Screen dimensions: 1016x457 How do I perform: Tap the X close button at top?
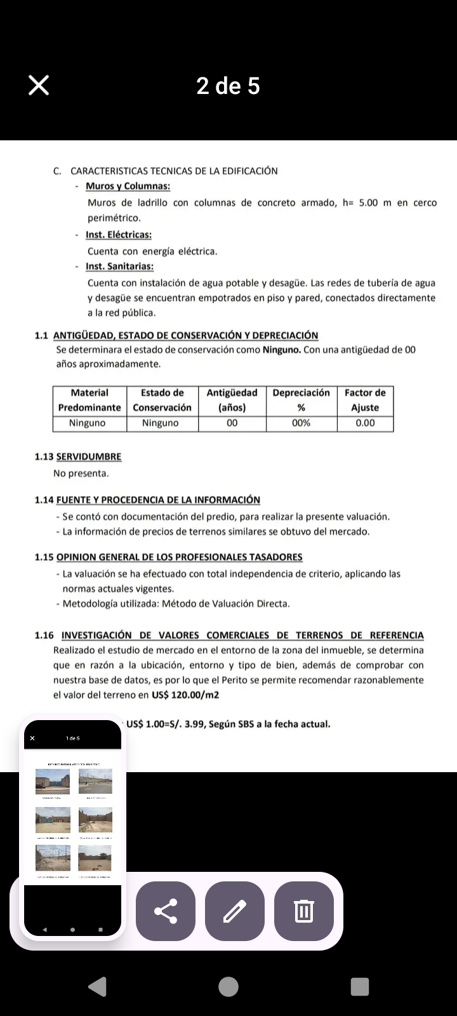(39, 85)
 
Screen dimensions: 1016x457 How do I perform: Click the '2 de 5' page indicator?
(228, 86)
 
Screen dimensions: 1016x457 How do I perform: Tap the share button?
(166, 911)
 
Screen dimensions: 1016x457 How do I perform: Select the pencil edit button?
(235, 911)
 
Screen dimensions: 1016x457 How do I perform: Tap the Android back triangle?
(97, 986)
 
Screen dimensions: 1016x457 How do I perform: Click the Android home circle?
(228, 986)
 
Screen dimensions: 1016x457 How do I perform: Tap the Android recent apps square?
(360, 986)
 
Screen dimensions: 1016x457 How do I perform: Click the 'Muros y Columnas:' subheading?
(128, 186)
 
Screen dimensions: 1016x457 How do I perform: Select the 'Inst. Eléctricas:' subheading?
(119, 235)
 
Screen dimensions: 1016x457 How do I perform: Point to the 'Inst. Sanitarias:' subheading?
(119, 267)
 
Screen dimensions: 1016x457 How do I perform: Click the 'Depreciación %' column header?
(301, 400)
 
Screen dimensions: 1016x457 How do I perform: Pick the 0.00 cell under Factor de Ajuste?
(365, 423)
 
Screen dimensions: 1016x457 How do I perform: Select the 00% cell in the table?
(301, 423)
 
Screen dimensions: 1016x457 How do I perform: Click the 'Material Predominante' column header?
(89, 400)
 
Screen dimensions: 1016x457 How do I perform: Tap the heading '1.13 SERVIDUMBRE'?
(78, 457)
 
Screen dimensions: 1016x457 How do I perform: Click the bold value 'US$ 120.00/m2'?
(185, 695)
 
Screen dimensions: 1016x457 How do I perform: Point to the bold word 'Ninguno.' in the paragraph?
(282, 349)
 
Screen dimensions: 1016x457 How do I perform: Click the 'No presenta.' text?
(81, 473)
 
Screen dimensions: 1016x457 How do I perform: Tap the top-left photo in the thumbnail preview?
(53, 781)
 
